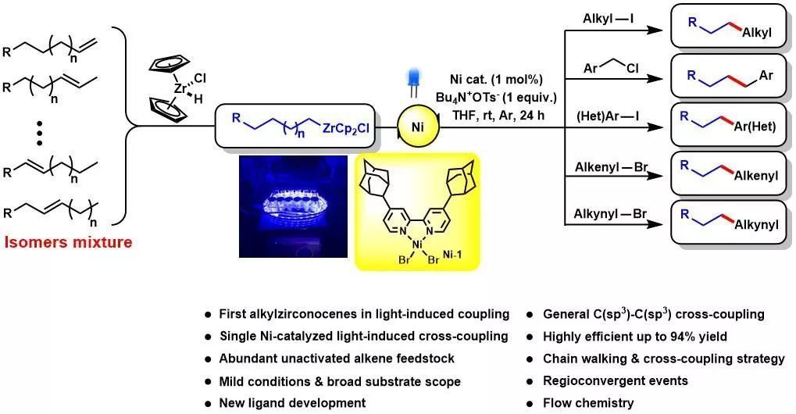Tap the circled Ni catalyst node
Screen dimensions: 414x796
(417, 123)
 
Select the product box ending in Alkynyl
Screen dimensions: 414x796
(726, 223)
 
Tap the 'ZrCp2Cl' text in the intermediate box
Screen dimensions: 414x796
(349, 127)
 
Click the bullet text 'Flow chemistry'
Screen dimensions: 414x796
(589, 403)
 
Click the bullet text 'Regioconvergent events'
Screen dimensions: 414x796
(616, 381)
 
